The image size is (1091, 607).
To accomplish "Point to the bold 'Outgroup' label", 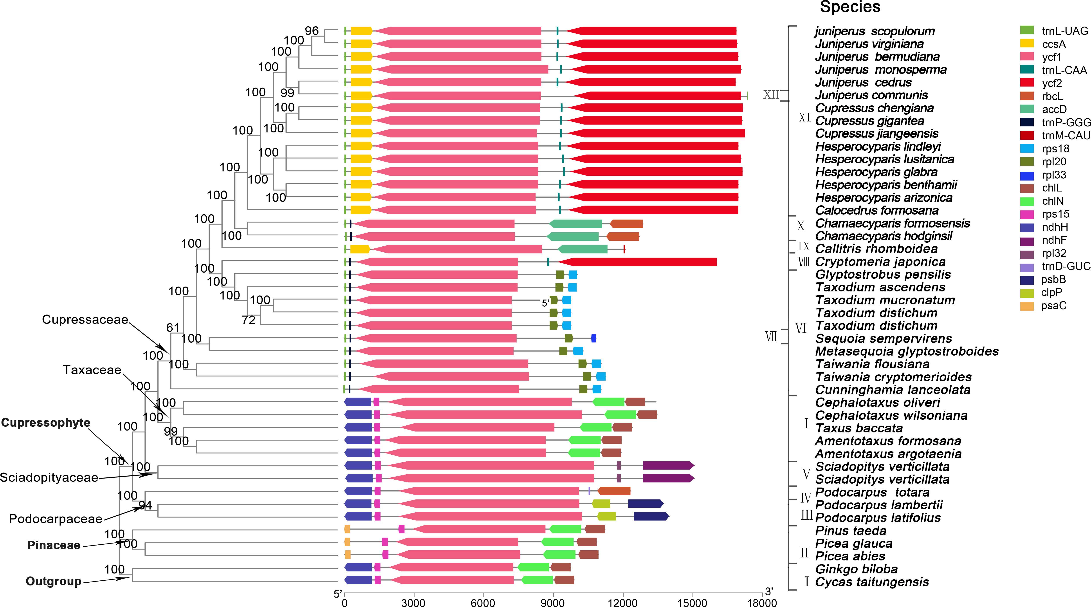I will (53, 581).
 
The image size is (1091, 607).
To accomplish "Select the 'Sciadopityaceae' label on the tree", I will (49, 477).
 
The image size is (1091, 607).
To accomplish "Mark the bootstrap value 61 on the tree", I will (173, 327).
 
